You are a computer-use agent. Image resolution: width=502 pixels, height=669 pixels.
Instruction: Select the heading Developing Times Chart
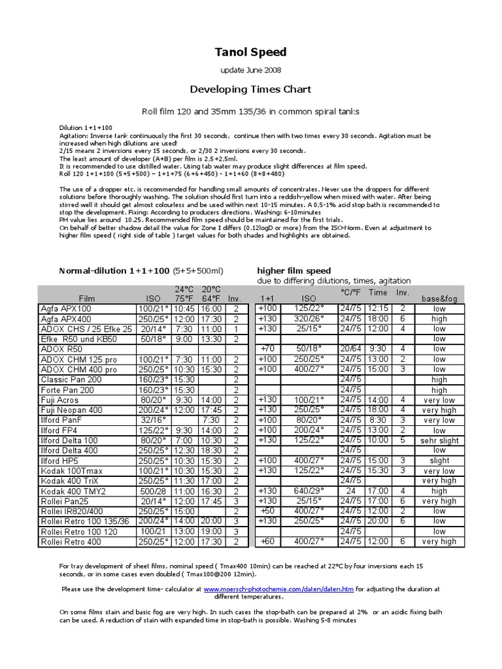coord(251,89)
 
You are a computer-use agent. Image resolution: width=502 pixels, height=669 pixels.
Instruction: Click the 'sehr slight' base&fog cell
coord(439,440)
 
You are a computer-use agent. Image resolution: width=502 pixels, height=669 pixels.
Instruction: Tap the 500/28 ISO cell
coord(152,491)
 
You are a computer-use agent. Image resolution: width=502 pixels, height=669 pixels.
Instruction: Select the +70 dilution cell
coord(267,349)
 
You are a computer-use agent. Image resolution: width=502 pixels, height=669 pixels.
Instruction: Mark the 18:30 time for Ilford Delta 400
coord(210,450)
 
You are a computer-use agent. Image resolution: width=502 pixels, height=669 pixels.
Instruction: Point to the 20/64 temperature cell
coord(350,349)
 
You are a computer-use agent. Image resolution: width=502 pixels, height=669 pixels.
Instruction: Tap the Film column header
coord(87,298)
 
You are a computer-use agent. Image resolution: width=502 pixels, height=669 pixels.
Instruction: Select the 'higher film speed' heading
coord(294,270)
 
